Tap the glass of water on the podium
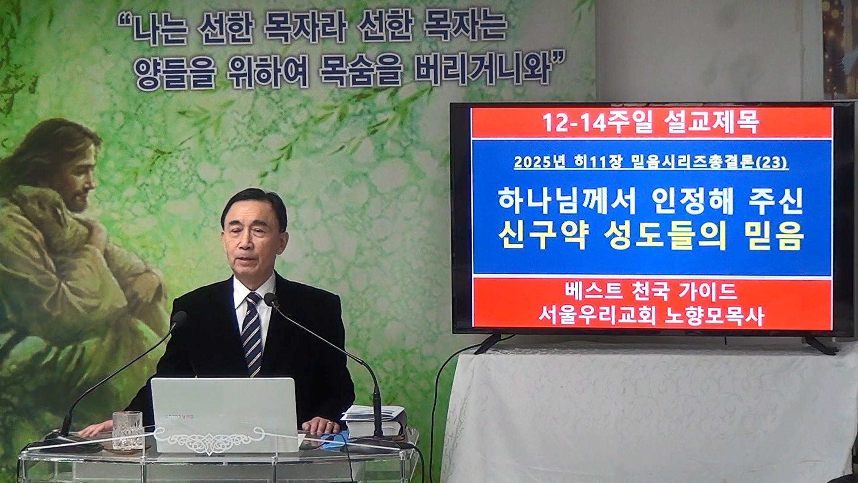click(x=127, y=431)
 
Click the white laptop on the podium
click(x=224, y=414)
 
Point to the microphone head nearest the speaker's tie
click(x=271, y=300)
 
